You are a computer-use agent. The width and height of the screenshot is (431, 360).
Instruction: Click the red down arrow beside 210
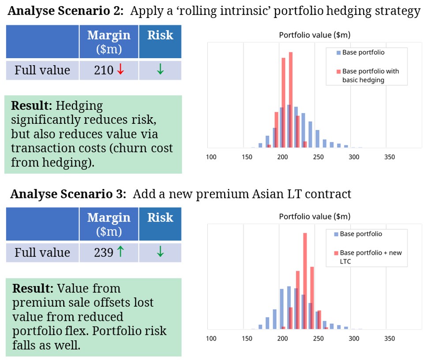tap(120, 71)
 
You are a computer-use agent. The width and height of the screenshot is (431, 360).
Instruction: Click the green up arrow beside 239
tap(120, 252)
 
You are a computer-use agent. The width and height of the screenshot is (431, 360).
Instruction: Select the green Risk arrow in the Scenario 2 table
tap(160, 71)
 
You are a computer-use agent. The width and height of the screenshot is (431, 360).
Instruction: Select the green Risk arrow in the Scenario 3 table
tap(160, 252)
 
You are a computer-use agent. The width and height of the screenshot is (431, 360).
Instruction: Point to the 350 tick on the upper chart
tap(390, 157)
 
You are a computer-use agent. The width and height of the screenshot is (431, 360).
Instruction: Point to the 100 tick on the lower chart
tap(211, 338)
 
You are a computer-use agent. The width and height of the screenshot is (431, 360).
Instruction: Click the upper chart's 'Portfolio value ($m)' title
tap(315, 35)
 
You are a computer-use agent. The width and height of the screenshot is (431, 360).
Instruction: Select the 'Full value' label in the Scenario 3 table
tap(42, 252)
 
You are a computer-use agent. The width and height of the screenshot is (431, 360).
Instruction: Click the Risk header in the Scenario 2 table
tap(160, 36)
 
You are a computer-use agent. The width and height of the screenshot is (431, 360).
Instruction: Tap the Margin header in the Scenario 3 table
tap(109, 217)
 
